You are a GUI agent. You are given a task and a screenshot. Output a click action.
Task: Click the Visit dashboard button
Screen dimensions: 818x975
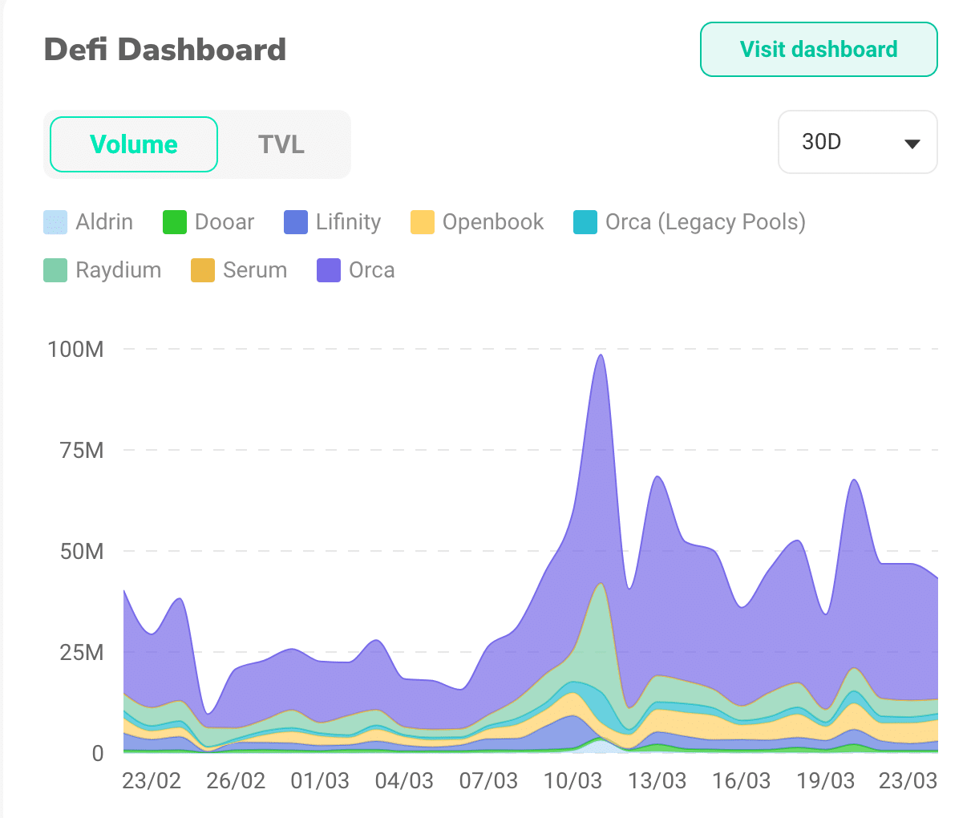click(x=819, y=50)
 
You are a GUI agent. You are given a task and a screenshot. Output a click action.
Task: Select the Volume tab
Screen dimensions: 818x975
click(x=134, y=144)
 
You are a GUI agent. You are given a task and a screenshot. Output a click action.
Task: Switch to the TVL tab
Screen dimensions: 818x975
click(x=281, y=144)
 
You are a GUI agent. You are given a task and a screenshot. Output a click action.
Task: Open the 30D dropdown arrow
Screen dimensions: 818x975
click(x=911, y=144)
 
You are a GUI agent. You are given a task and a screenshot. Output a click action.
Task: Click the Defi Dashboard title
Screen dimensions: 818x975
click(x=165, y=50)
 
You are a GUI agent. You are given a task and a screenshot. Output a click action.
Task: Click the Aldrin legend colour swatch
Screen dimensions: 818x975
click(x=55, y=222)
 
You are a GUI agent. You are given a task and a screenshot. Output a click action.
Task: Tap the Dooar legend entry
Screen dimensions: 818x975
click(x=208, y=222)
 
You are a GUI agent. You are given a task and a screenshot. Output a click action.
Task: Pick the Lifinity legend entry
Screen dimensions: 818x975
click(x=333, y=222)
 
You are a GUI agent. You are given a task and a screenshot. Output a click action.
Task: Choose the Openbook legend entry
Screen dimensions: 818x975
click(x=477, y=222)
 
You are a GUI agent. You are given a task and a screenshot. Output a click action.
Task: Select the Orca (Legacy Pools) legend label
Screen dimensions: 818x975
click(x=705, y=222)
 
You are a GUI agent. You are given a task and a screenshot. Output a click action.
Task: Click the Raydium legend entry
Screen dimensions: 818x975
click(x=103, y=270)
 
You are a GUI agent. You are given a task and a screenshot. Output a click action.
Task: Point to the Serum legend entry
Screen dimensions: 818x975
click(x=239, y=270)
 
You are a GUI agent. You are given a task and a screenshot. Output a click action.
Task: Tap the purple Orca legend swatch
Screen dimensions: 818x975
click(x=329, y=270)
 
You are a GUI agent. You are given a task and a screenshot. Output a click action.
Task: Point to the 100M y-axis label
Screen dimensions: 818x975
click(x=75, y=349)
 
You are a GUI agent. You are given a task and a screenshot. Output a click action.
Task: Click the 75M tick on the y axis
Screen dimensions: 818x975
click(x=82, y=450)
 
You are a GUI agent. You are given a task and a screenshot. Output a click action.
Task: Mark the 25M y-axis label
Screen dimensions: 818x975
click(x=82, y=652)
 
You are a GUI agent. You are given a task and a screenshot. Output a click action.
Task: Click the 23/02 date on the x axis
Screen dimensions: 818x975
click(x=152, y=781)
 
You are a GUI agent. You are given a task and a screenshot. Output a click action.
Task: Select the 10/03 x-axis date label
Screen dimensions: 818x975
click(x=572, y=781)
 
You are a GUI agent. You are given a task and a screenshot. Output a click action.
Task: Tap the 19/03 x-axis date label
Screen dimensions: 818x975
click(x=825, y=781)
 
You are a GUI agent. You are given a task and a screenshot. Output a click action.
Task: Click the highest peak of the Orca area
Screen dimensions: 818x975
click(x=601, y=356)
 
